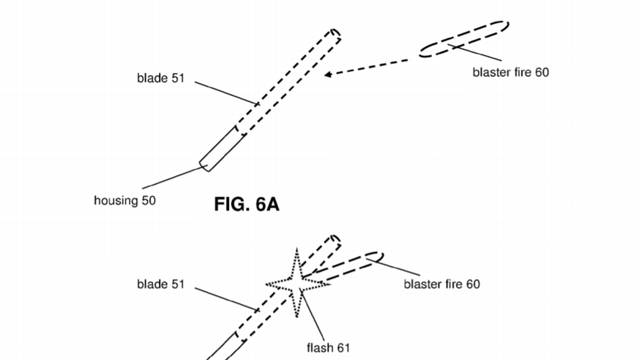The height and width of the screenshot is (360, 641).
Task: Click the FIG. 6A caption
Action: tap(246, 204)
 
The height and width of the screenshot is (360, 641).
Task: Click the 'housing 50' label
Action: tap(125, 200)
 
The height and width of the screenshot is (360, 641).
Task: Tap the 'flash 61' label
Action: tap(328, 348)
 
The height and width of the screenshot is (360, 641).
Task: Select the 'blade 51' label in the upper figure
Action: tap(160, 78)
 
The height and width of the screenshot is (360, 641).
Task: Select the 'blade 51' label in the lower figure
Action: tap(160, 284)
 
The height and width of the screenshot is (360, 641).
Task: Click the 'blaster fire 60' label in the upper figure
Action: tap(510, 72)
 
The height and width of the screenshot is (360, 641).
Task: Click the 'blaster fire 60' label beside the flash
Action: tap(442, 284)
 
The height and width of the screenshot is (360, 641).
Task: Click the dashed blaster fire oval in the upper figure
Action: tap(464, 39)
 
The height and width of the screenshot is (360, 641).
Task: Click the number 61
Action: tap(342, 348)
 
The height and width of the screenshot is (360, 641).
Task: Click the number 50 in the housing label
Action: tap(148, 200)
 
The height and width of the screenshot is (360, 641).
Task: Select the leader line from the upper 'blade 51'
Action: tap(225, 92)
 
